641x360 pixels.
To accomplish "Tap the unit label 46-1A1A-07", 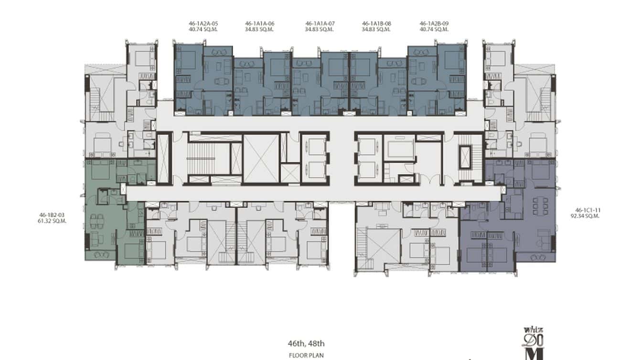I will click(320, 23).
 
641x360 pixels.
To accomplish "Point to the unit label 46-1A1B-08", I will click(376, 23).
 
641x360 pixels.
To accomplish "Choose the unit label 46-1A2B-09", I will click(434, 23).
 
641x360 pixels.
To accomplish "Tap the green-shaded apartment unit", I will click(107, 224).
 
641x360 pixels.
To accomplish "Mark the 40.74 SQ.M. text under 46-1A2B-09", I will click(434, 29).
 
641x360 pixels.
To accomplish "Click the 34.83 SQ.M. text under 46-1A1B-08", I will click(376, 29).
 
